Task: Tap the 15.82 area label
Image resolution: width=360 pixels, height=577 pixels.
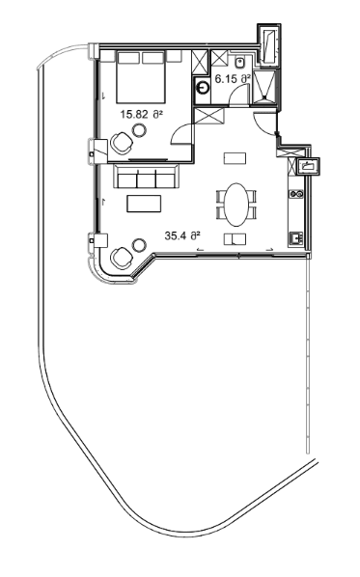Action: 141,114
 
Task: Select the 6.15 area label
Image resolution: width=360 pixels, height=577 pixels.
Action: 233,77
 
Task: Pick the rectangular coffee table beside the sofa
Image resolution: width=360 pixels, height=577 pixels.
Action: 147,203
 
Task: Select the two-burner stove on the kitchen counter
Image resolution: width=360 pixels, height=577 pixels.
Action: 297,193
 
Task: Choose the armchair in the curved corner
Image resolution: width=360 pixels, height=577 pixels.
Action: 123,260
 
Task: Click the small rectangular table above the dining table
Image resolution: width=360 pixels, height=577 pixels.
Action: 235,156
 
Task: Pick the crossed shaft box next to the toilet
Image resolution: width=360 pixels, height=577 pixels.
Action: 201,61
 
